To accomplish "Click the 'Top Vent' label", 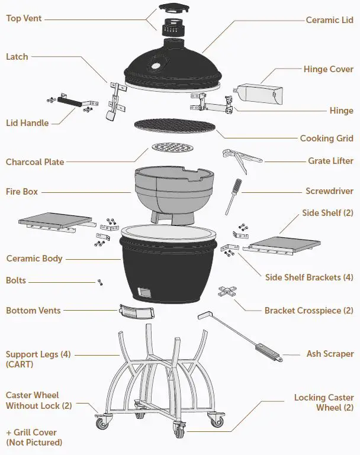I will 23,18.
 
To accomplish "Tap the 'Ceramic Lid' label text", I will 329,20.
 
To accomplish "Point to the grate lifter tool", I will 240,158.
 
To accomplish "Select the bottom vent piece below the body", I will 133,311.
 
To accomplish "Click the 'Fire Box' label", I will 22,192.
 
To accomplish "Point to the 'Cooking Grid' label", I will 326,138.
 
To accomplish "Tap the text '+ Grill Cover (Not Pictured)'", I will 34,437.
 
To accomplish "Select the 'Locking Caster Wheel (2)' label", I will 324,402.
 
